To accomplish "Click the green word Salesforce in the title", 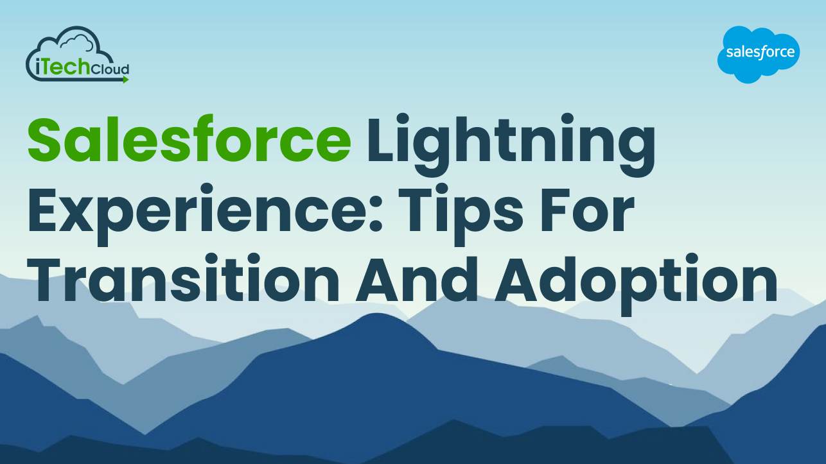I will [189, 139].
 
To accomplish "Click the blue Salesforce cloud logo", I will [758, 54].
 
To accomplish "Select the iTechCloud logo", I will [78, 55].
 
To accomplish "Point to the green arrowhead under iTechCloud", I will [125, 80].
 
